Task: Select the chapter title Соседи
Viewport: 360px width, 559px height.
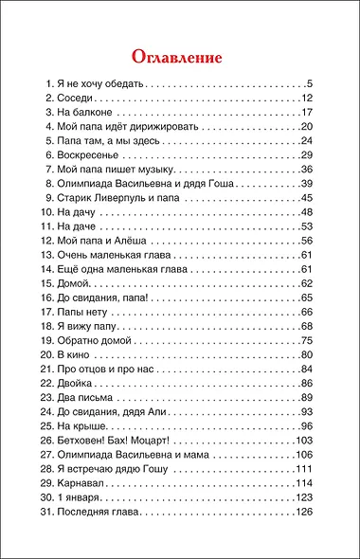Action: pyautogui.click(x=79, y=98)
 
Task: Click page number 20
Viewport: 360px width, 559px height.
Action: pyautogui.click(x=306, y=126)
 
